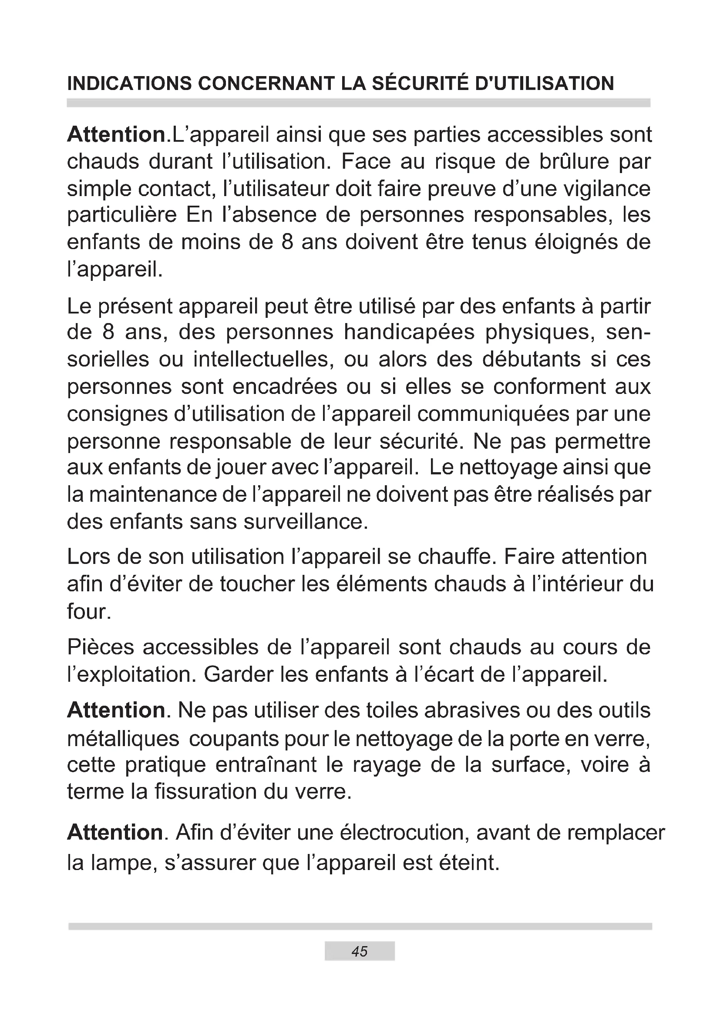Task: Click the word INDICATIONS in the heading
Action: click(129, 84)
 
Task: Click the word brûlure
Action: click(575, 162)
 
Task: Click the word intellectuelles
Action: click(263, 359)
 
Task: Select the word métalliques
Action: click(123, 738)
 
